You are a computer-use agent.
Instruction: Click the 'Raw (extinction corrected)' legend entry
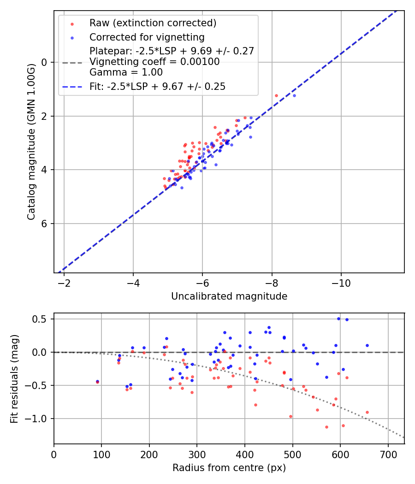[x=153, y=23]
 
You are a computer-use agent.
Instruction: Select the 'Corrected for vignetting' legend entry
[x=147, y=37]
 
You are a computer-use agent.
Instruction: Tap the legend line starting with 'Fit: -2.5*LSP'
[x=157, y=86]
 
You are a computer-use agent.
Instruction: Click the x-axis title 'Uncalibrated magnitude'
[x=229, y=296]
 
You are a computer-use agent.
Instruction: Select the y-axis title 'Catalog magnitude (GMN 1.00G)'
[x=31, y=142]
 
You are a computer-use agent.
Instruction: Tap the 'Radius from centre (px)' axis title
[x=229, y=468]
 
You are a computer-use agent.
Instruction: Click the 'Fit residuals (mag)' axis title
[x=14, y=379]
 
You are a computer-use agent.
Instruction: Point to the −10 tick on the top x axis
[x=341, y=282]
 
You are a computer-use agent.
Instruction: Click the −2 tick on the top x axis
[x=64, y=282]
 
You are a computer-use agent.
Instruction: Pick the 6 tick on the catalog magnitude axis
[x=45, y=224]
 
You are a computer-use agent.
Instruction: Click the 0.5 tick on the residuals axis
[x=41, y=319]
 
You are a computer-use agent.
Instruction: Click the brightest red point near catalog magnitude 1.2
[x=276, y=95]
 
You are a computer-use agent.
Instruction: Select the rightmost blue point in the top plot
[x=294, y=95]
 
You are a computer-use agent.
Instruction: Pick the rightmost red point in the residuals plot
[x=367, y=412]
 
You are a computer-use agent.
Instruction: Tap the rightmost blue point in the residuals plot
[x=367, y=345]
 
